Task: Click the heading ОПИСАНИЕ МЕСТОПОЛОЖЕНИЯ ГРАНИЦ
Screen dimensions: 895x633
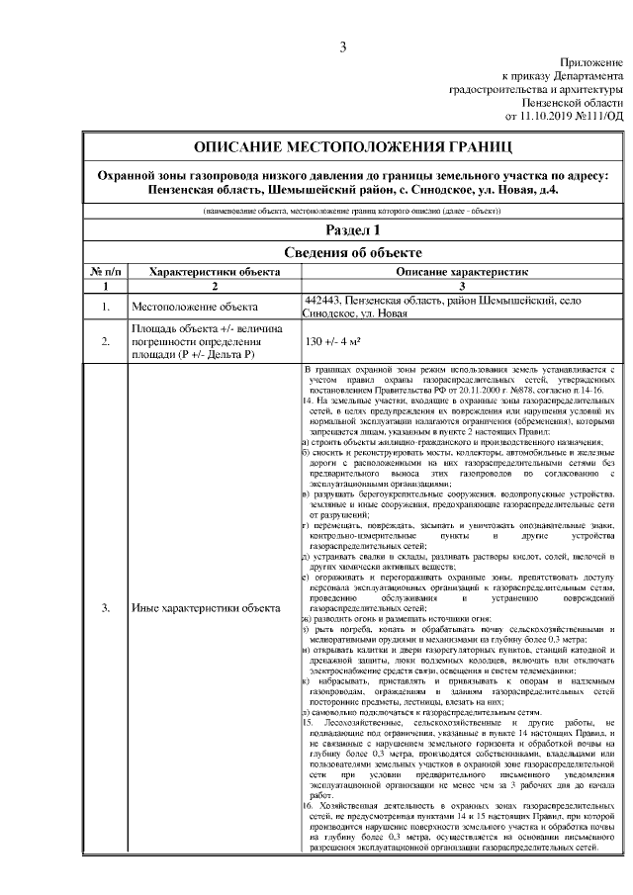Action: click(353, 146)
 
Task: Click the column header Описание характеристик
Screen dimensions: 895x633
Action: click(464, 270)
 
